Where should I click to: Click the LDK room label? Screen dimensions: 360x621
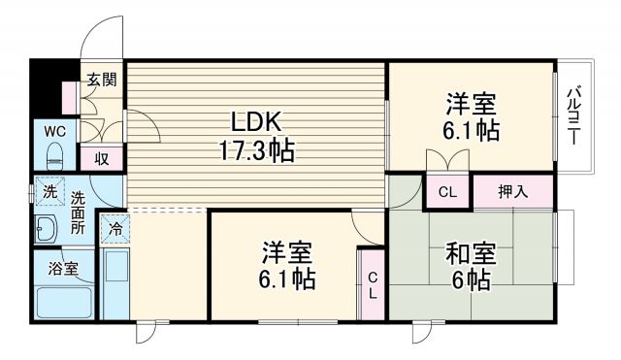[x=255, y=122]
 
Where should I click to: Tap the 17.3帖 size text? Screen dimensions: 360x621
[x=256, y=151]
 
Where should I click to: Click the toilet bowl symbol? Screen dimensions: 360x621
[x=53, y=152]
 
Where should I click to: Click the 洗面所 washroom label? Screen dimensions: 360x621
[x=78, y=215]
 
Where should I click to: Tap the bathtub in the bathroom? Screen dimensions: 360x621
[x=64, y=303]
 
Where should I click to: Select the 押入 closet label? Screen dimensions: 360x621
[x=512, y=191]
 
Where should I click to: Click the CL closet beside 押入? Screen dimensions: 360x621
[x=446, y=191]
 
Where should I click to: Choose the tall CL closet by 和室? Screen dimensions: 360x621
[x=372, y=283]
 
